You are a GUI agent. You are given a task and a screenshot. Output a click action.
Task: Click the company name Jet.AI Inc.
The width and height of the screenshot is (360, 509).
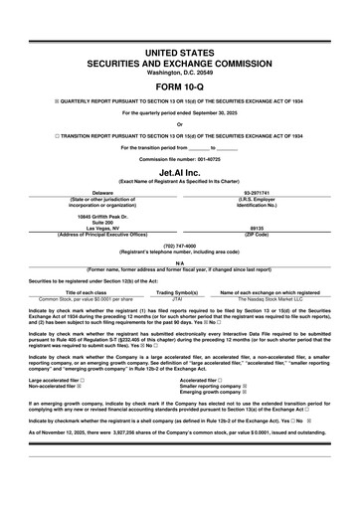pyautogui.click(x=179, y=171)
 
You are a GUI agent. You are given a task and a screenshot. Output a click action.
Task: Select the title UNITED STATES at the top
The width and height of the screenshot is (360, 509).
pyautogui.click(x=179, y=49)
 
